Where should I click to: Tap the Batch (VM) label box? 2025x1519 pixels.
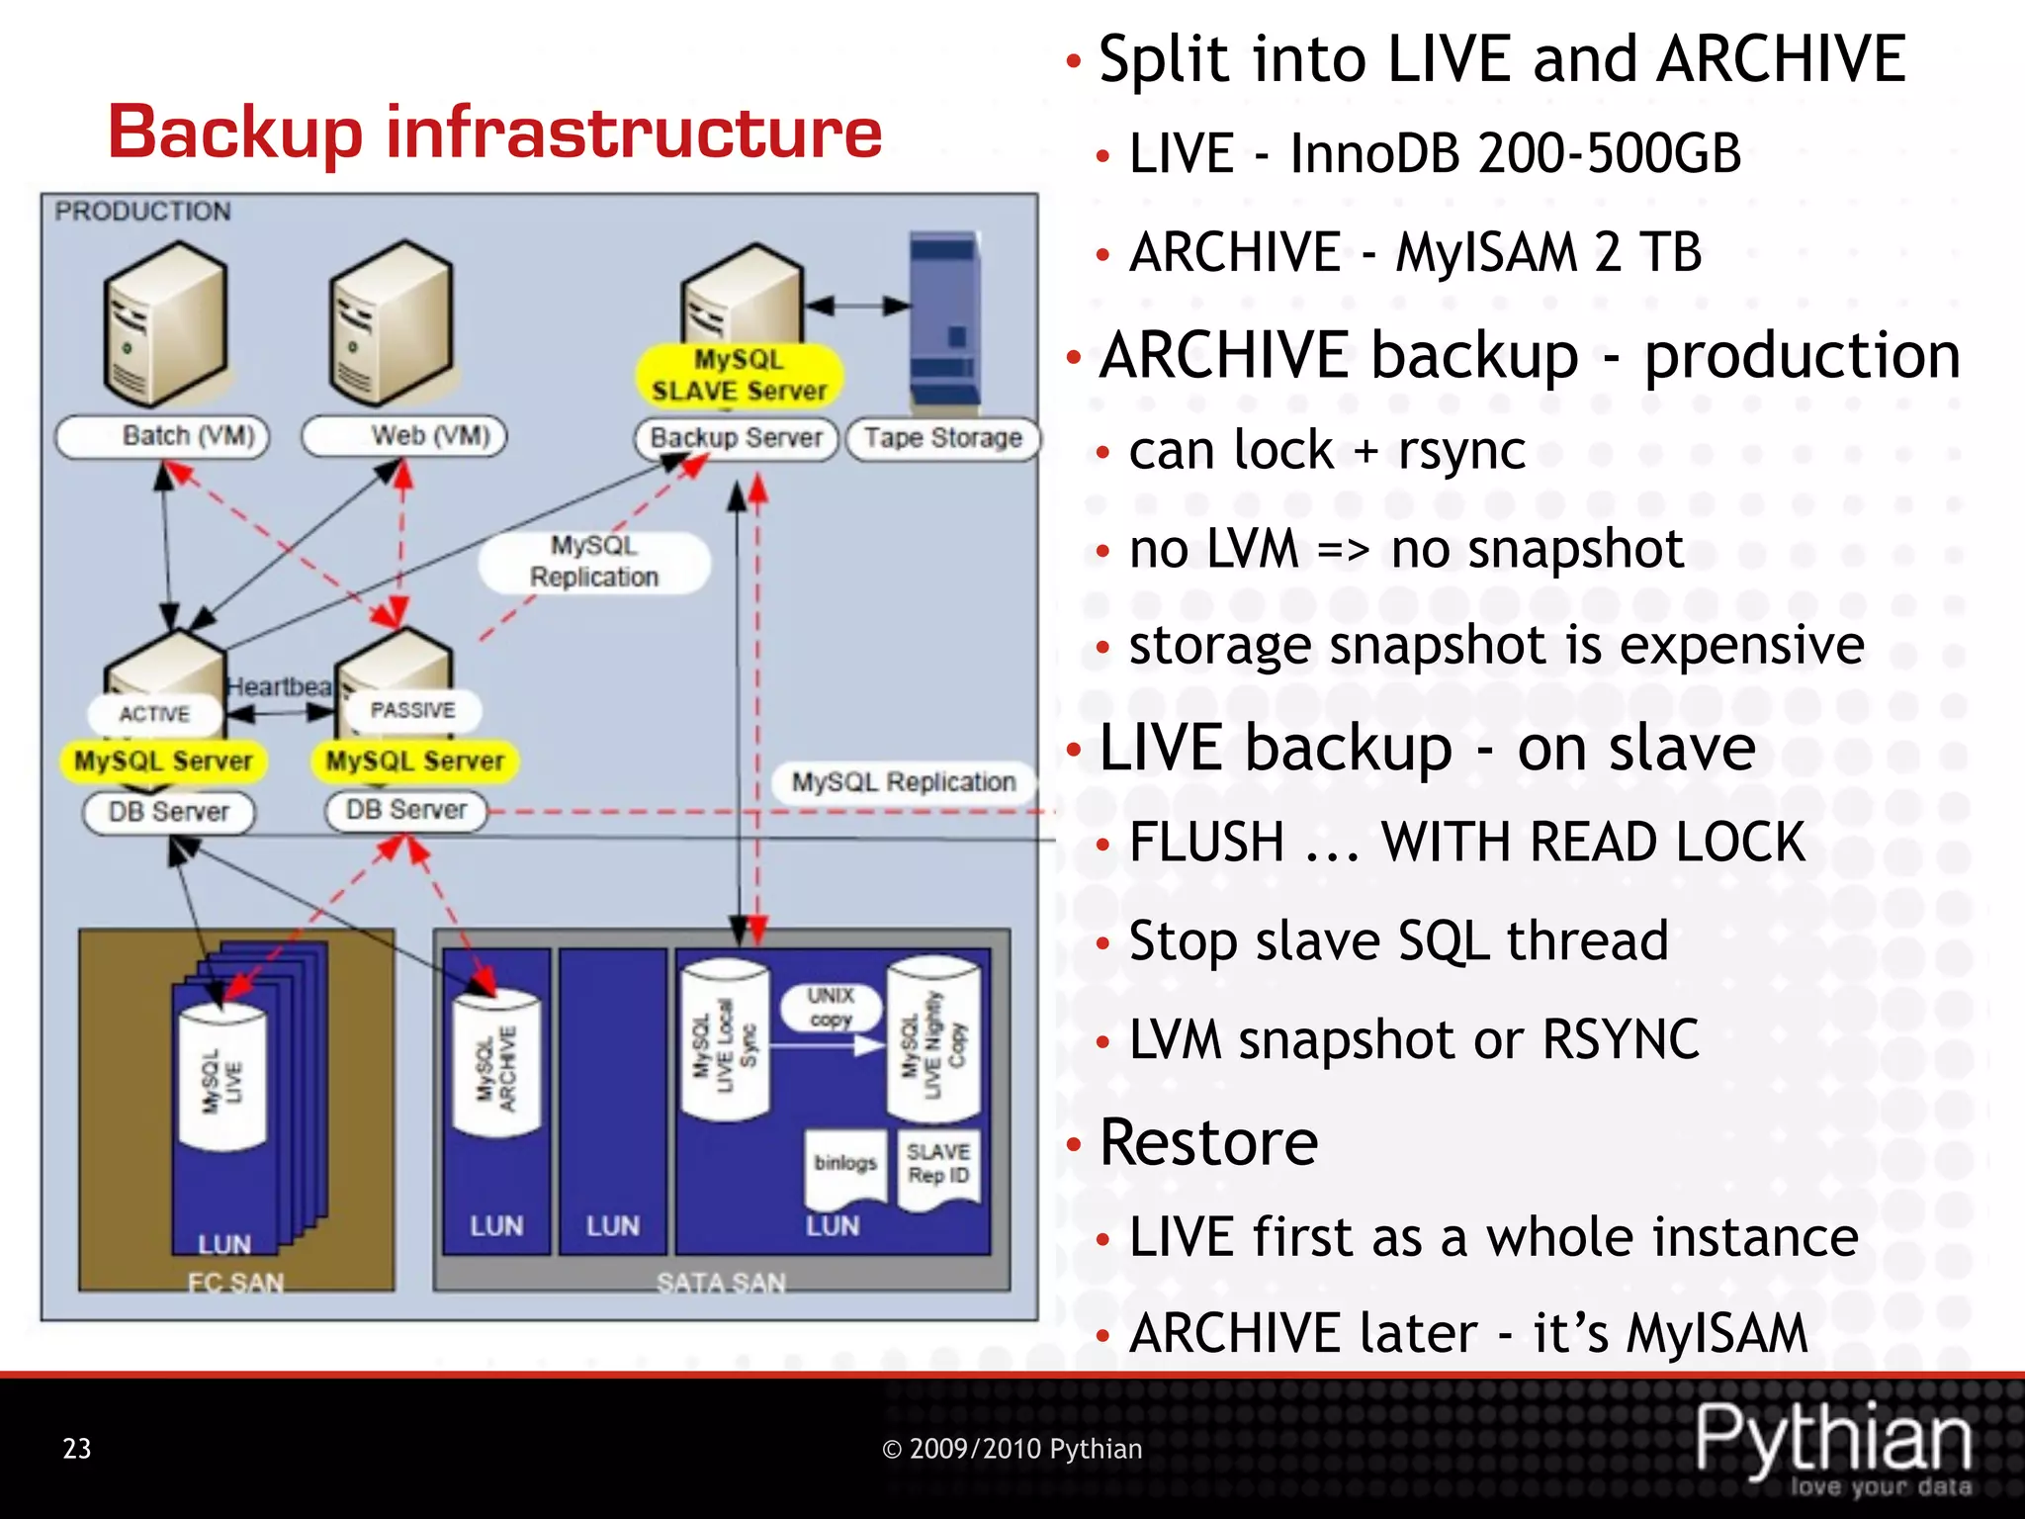pos(163,437)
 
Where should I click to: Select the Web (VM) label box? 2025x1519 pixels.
pos(404,437)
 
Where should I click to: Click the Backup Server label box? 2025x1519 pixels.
pos(737,438)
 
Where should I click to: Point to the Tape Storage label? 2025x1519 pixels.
pos(943,438)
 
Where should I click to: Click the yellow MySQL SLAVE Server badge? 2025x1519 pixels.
pos(739,376)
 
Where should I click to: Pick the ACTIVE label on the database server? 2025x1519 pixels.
pos(154,714)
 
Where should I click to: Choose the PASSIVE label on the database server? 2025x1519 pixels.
pos(412,710)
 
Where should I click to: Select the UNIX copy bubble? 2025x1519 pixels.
pos(831,1007)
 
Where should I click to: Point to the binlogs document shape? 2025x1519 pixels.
pos(844,1167)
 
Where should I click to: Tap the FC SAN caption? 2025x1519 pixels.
pos(235,1283)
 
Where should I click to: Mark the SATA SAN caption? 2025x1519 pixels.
pos(721,1283)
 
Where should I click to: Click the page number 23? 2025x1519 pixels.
pos(77,1449)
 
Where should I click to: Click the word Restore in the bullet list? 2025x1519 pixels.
pos(1208,1142)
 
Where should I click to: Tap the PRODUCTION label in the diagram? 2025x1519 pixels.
pos(142,212)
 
